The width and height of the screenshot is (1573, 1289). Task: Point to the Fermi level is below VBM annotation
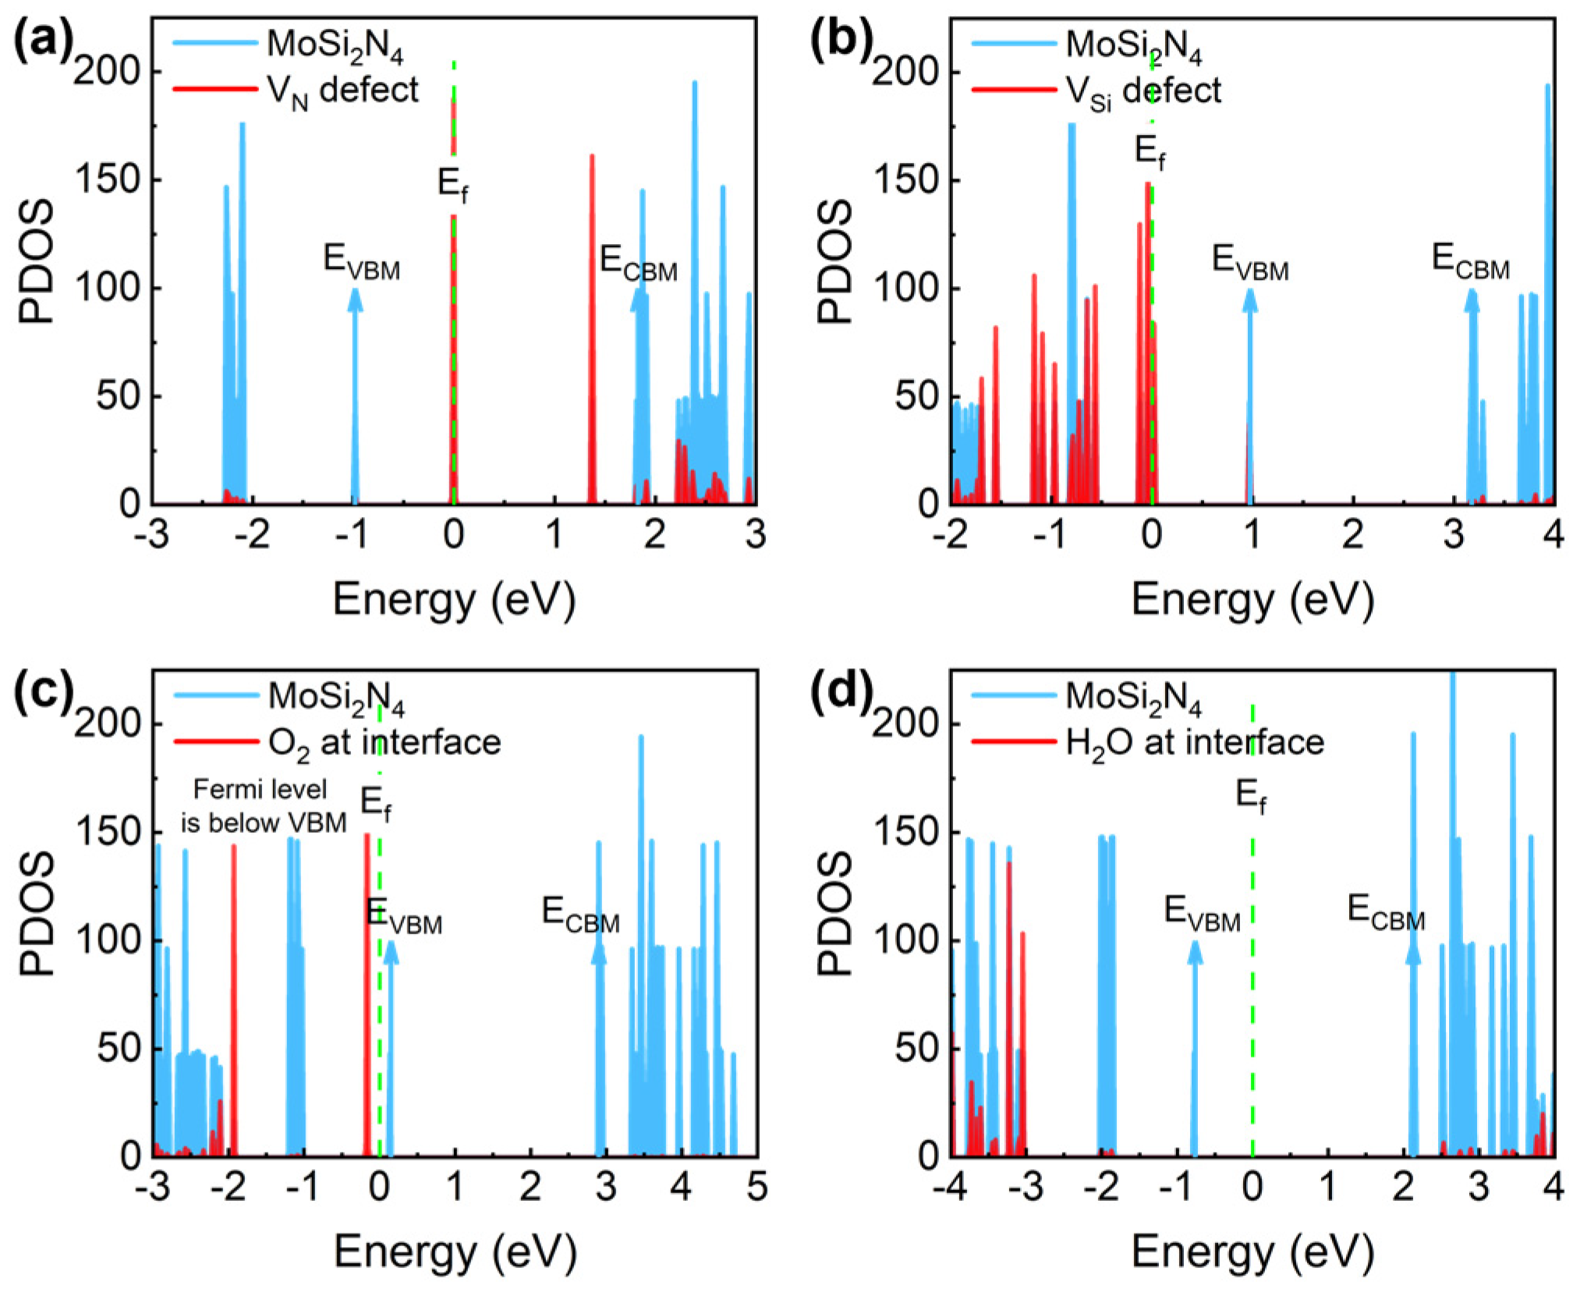263,806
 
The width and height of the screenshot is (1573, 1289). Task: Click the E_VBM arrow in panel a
355,398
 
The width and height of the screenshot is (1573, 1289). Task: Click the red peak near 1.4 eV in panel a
592,328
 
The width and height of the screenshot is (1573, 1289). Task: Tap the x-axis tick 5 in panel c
756,1187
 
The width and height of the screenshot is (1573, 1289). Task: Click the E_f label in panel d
1251,796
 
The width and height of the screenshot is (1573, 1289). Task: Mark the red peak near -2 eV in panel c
233,998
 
